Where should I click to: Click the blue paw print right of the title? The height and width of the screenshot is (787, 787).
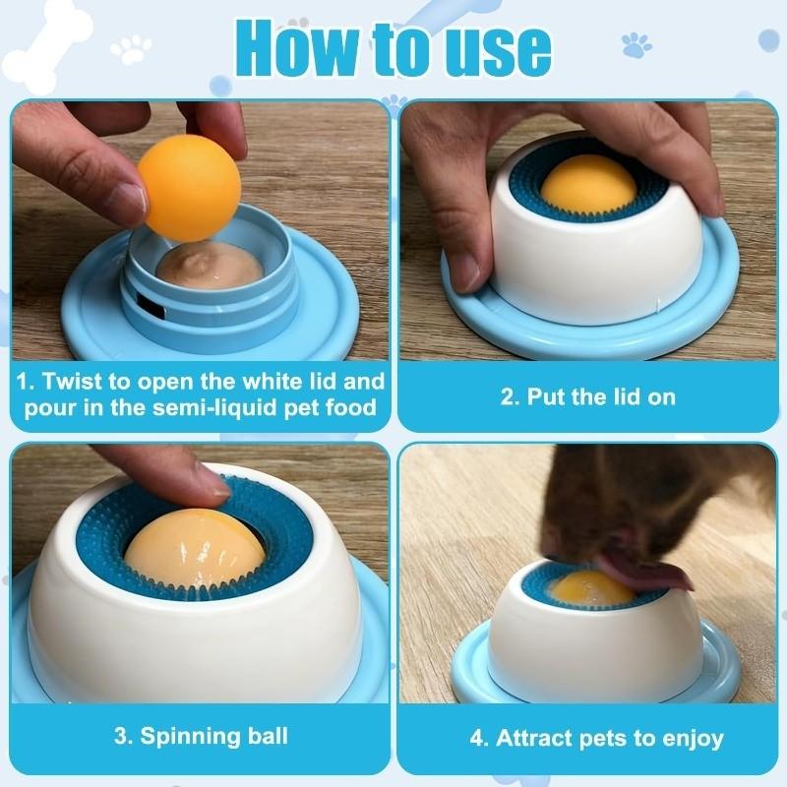point(636,45)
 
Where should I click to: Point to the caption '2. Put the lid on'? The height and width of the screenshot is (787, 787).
point(587,397)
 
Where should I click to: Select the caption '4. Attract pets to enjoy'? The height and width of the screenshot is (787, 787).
point(596,737)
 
